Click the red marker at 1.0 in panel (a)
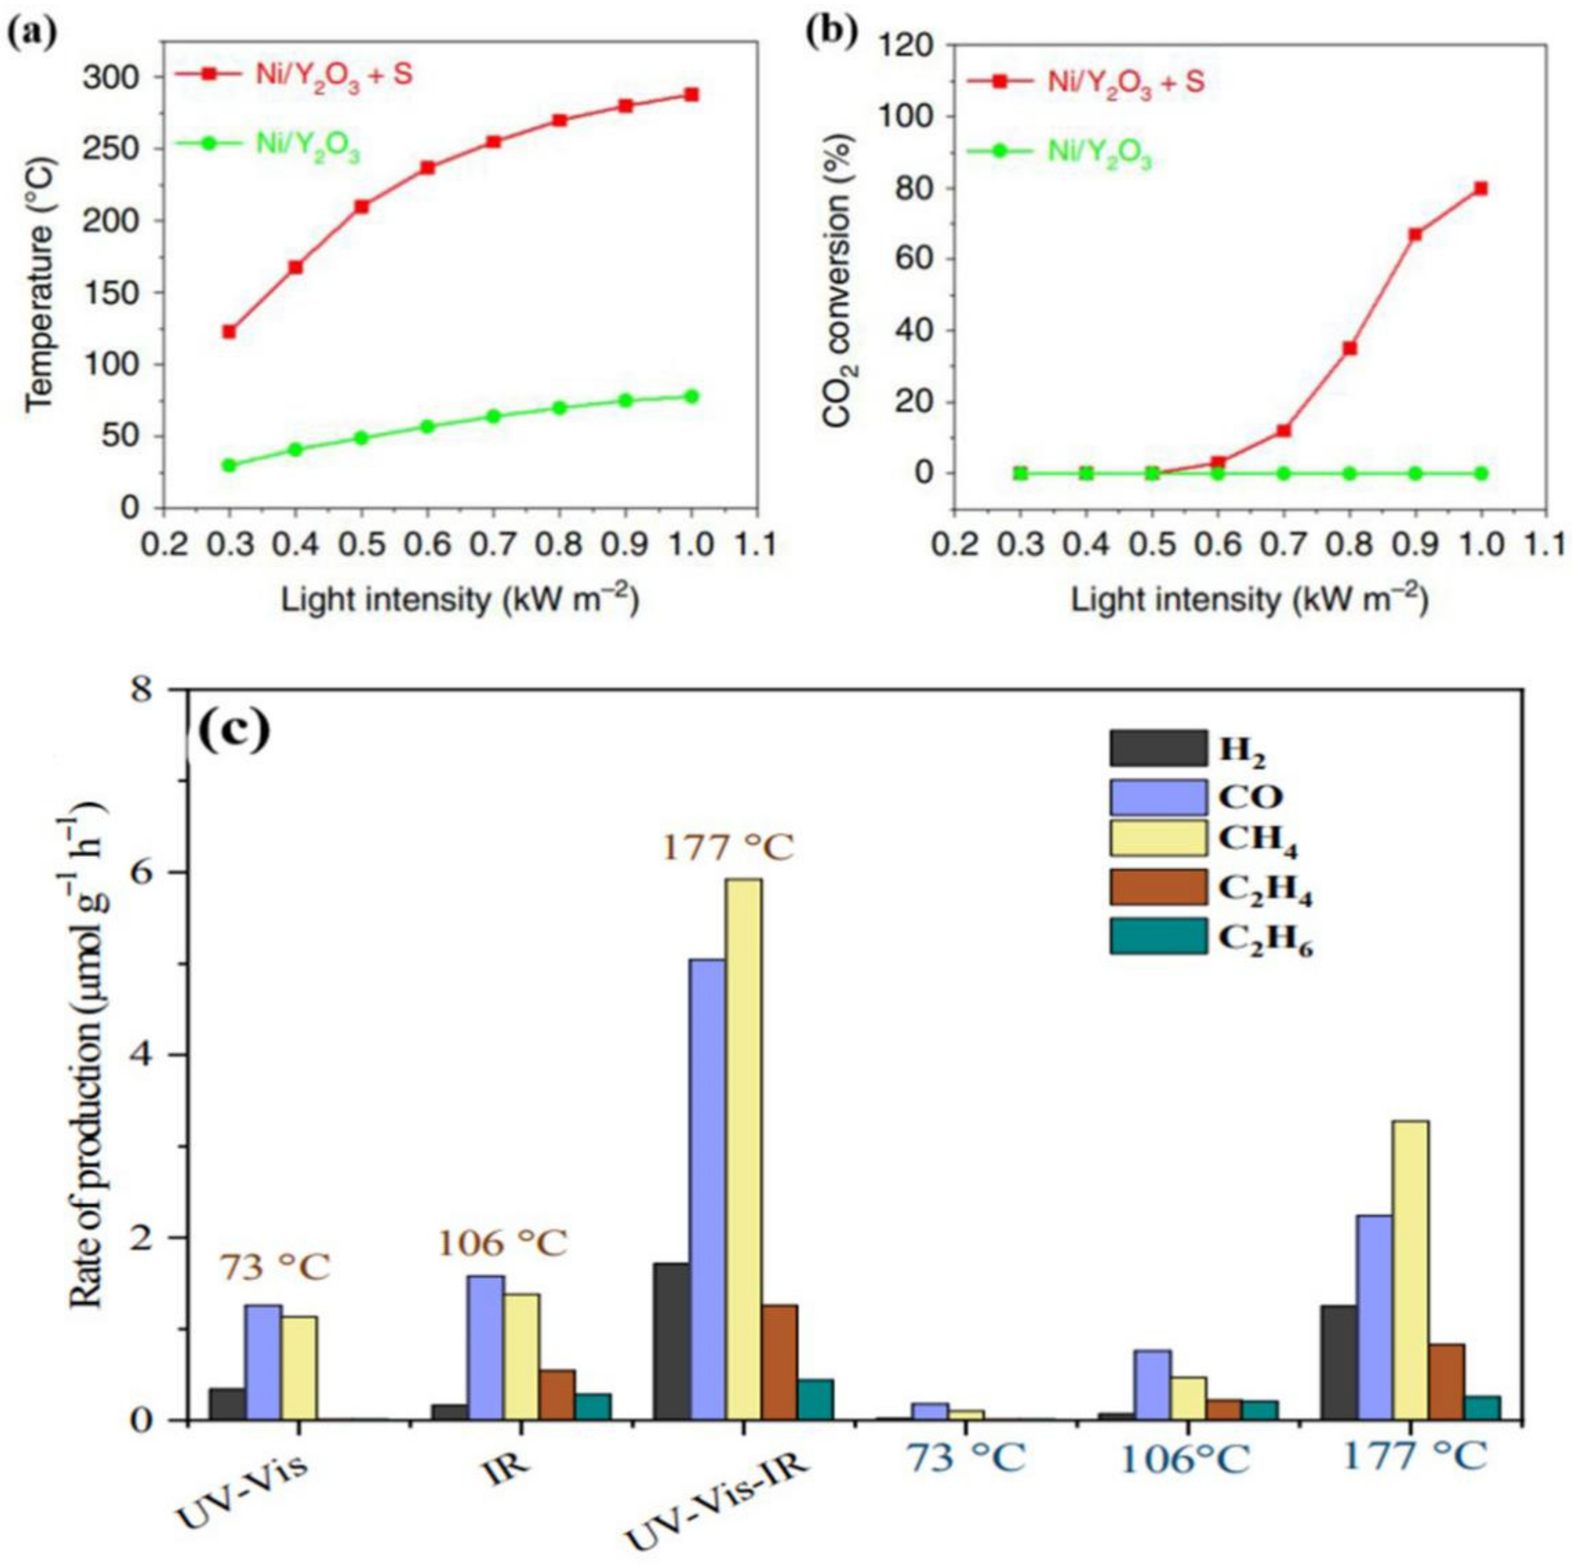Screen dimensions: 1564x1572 (x=691, y=95)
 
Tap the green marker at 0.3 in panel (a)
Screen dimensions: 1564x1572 (x=230, y=465)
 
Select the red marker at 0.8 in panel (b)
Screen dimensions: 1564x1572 (x=1350, y=349)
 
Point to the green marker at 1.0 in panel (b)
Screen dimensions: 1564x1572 (x=1481, y=473)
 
